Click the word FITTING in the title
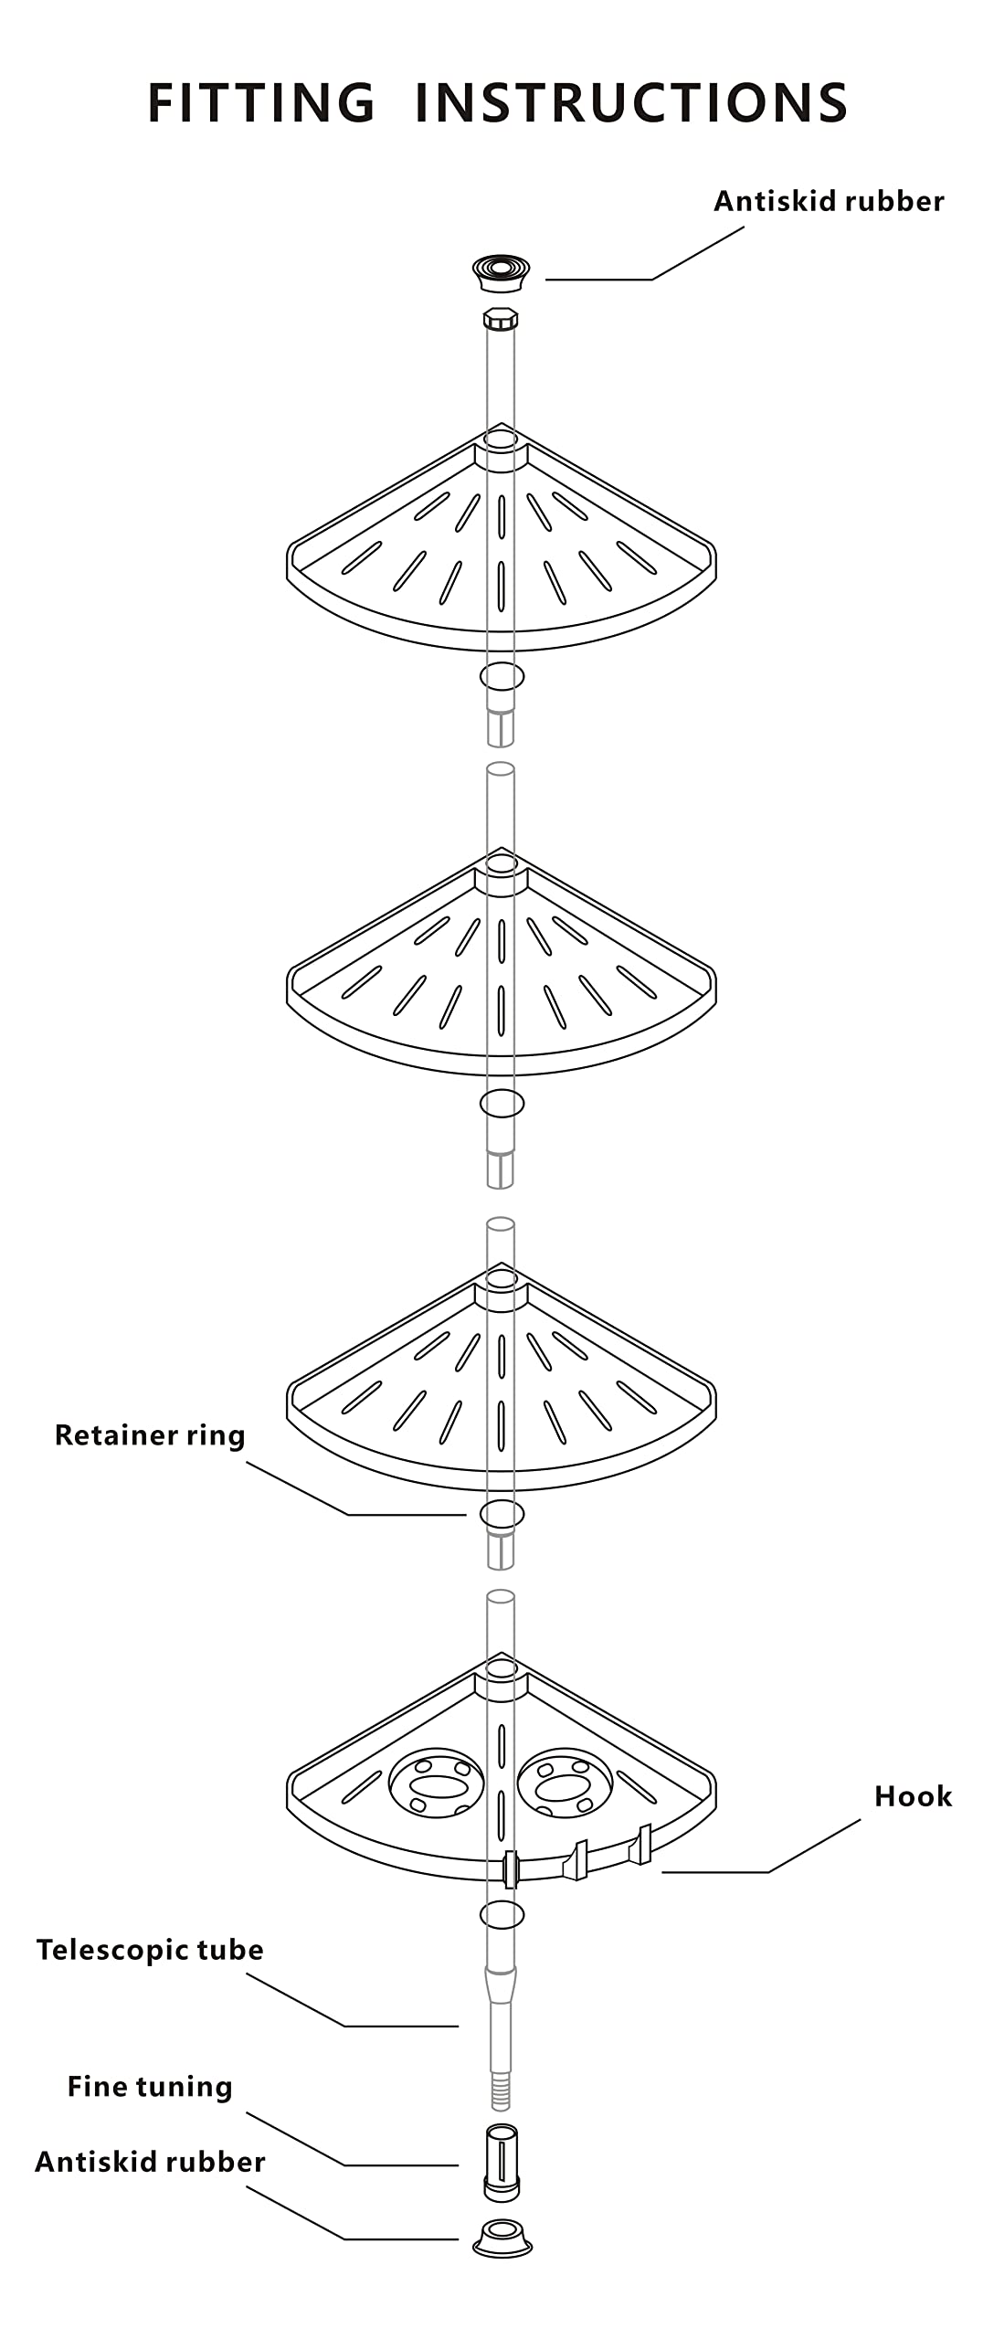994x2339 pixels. pos(261,102)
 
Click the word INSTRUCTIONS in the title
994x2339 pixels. pos(631,102)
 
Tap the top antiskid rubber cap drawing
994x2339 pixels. pos(501,273)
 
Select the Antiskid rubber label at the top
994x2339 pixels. pos(829,201)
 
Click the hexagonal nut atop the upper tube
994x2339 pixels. pos(501,320)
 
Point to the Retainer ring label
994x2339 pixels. pos(150,1435)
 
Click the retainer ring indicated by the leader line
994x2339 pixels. pos(502,1514)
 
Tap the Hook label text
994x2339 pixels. pos(913,1797)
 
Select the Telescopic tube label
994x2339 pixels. pos(150,1950)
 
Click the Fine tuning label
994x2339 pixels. pos(150,2087)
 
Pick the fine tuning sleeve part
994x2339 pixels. pos(501,2161)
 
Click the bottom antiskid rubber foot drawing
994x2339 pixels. pos(502,2237)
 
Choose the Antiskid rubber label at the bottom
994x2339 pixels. pos(150,2162)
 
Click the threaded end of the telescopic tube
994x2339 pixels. pos(501,2091)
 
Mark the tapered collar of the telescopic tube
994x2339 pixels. pos(501,1984)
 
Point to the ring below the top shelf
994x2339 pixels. pos(502,676)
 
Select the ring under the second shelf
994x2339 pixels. pos(502,1103)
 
